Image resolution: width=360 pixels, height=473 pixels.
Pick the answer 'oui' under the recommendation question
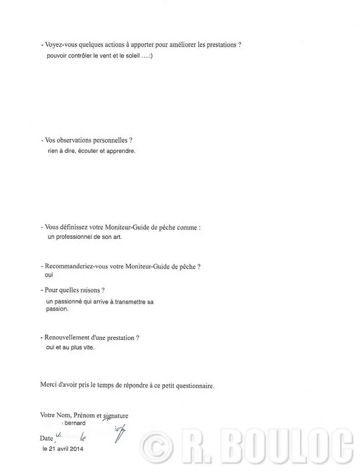50,275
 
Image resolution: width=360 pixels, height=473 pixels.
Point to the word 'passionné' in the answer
69,301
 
